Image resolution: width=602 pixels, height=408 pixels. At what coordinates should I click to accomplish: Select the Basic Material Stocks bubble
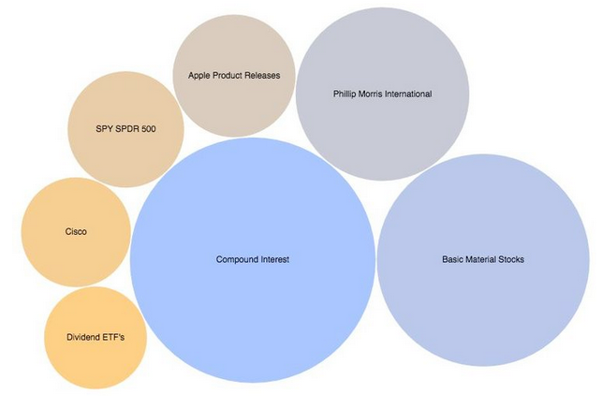click(482, 281)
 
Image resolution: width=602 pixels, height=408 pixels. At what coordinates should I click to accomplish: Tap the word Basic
click(453, 259)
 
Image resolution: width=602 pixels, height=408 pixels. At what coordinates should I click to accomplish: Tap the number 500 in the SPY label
click(147, 129)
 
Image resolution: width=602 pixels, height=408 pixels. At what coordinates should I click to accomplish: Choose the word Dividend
click(84, 337)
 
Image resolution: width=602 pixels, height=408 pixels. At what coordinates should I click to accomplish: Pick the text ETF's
click(114, 337)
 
